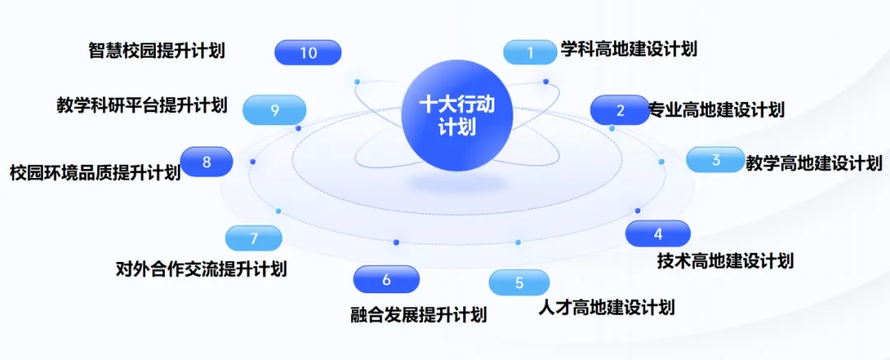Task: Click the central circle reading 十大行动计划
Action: pyautogui.click(x=457, y=115)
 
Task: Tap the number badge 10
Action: pyautogui.click(x=307, y=53)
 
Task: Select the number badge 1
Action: pyautogui.click(x=530, y=52)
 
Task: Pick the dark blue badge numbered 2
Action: pyautogui.click(x=620, y=110)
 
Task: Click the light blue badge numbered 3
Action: pyautogui.click(x=715, y=160)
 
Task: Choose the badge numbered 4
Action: pyautogui.click(x=658, y=233)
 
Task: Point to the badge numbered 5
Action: pyautogui.click(x=519, y=283)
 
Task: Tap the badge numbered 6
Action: pyautogui.click(x=386, y=279)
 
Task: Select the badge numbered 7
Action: pyautogui.click(x=254, y=238)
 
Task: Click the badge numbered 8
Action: pyautogui.click(x=207, y=161)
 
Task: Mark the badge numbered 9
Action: pyautogui.click(x=274, y=110)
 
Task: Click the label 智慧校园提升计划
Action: pyautogui.click(x=157, y=50)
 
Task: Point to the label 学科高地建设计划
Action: pyautogui.click(x=629, y=49)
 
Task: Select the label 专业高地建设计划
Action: pyautogui.click(x=716, y=109)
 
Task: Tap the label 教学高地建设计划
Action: pyautogui.click(x=814, y=164)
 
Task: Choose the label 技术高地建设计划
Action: pyautogui.click(x=725, y=260)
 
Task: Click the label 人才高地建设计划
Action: pyautogui.click(x=607, y=308)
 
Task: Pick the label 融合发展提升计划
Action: pyautogui.click(x=419, y=315)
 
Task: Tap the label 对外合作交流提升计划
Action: pyautogui.click(x=201, y=268)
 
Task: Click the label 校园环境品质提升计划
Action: pyautogui.click(x=95, y=172)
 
